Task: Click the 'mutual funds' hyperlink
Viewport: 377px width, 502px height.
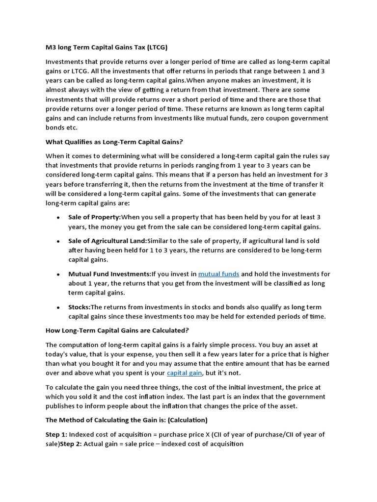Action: (219, 274)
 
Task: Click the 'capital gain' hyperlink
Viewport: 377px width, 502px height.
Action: (185, 373)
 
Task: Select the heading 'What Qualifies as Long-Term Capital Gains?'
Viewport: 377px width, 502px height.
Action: (114, 142)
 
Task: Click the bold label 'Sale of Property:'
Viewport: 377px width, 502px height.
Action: (94, 217)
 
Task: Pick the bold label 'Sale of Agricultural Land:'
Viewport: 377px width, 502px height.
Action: (108, 241)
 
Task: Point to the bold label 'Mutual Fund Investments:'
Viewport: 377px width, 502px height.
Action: (109, 274)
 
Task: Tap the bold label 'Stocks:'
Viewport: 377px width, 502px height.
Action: (79, 307)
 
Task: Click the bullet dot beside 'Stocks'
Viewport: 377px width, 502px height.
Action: (58, 308)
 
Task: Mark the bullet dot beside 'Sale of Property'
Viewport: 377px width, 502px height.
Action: (58, 218)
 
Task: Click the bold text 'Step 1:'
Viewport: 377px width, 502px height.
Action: (56, 434)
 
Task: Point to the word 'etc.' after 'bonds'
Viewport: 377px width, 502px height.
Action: (71, 127)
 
